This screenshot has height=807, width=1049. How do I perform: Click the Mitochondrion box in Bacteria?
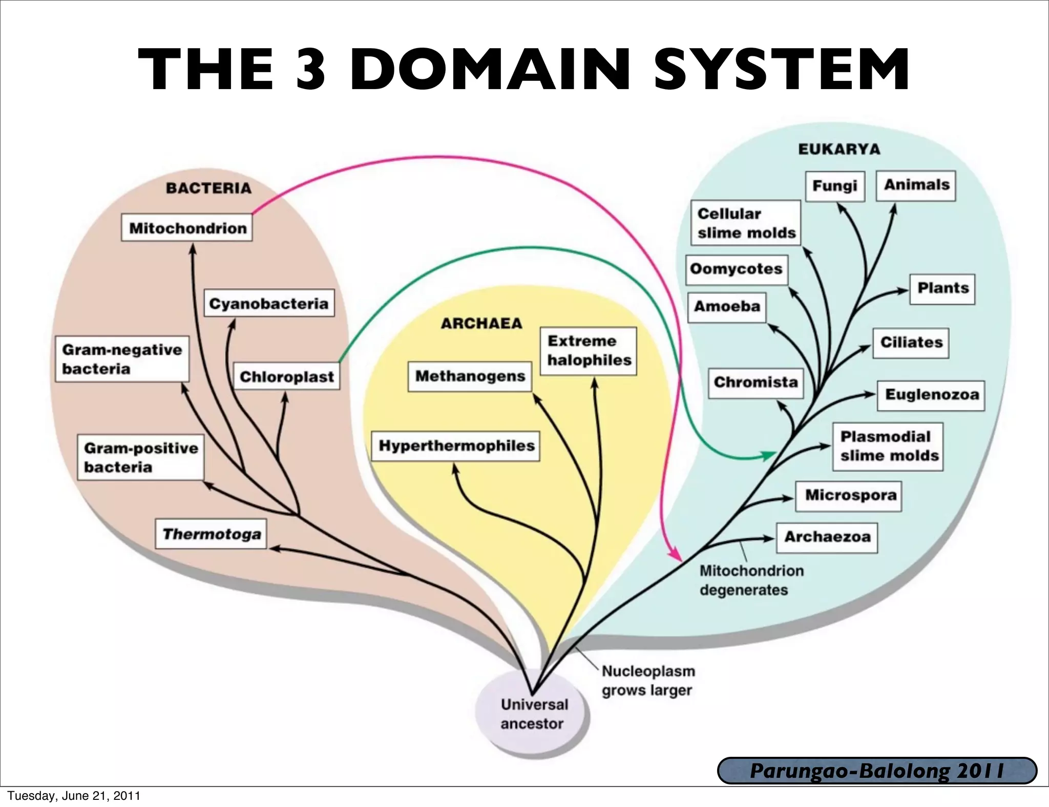pyautogui.click(x=187, y=228)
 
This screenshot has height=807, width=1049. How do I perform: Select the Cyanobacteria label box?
pyautogui.click(x=269, y=304)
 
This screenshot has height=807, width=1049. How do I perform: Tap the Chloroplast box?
pyautogui.click(x=286, y=377)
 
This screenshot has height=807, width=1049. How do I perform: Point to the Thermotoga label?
pyautogui.click(x=211, y=535)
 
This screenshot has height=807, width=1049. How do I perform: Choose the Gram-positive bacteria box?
pyautogui.click(x=140, y=457)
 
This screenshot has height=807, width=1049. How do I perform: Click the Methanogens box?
pyautogui.click(x=470, y=376)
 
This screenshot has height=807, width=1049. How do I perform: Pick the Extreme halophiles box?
pyautogui.click(x=589, y=351)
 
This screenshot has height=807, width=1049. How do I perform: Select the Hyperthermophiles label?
pyautogui.click(x=455, y=446)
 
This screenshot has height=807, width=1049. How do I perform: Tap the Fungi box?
pyautogui.click(x=834, y=186)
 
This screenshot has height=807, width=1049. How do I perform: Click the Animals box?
pyautogui.click(x=916, y=185)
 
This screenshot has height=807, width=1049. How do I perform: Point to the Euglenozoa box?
pyautogui.click(x=931, y=395)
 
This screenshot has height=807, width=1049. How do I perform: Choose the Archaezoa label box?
pyautogui.click(x=827, y=537)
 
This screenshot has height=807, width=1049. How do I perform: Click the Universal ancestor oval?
pyautogui.click(x=533, y=714)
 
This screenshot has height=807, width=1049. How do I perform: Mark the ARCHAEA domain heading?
pyautogui.click(x=481, y=324)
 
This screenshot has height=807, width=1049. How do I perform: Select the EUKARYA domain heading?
pyautogui.click(x=839, y=150)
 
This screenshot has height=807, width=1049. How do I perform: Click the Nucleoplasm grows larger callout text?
pyautogui.click(x=648, y=681)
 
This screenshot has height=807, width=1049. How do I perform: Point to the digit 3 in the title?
pyautogui.click(x=311, y=69)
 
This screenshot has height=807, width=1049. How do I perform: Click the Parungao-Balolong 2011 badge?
pyautogui.click(x=877, y=771)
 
